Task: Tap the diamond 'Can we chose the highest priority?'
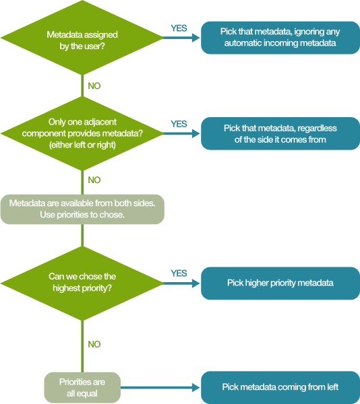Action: point(82,283)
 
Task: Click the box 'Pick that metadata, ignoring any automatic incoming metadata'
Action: point(280,38)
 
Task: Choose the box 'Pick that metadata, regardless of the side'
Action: point(280,133)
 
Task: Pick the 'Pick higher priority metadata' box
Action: point(280,283)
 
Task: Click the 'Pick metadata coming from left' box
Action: point(280,387)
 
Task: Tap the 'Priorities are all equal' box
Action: point(82,387)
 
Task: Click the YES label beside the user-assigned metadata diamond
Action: point(179,28)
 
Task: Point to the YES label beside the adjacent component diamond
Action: point(179,124)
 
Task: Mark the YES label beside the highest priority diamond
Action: point(179,273)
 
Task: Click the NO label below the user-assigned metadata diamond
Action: point(94,86)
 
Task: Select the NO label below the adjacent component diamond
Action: point(94,180)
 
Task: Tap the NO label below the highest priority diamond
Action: point(94,344)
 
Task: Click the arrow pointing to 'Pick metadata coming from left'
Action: point(162,387)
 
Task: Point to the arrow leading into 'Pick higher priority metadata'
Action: point(182,283)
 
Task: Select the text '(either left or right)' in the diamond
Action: point(82,144)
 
